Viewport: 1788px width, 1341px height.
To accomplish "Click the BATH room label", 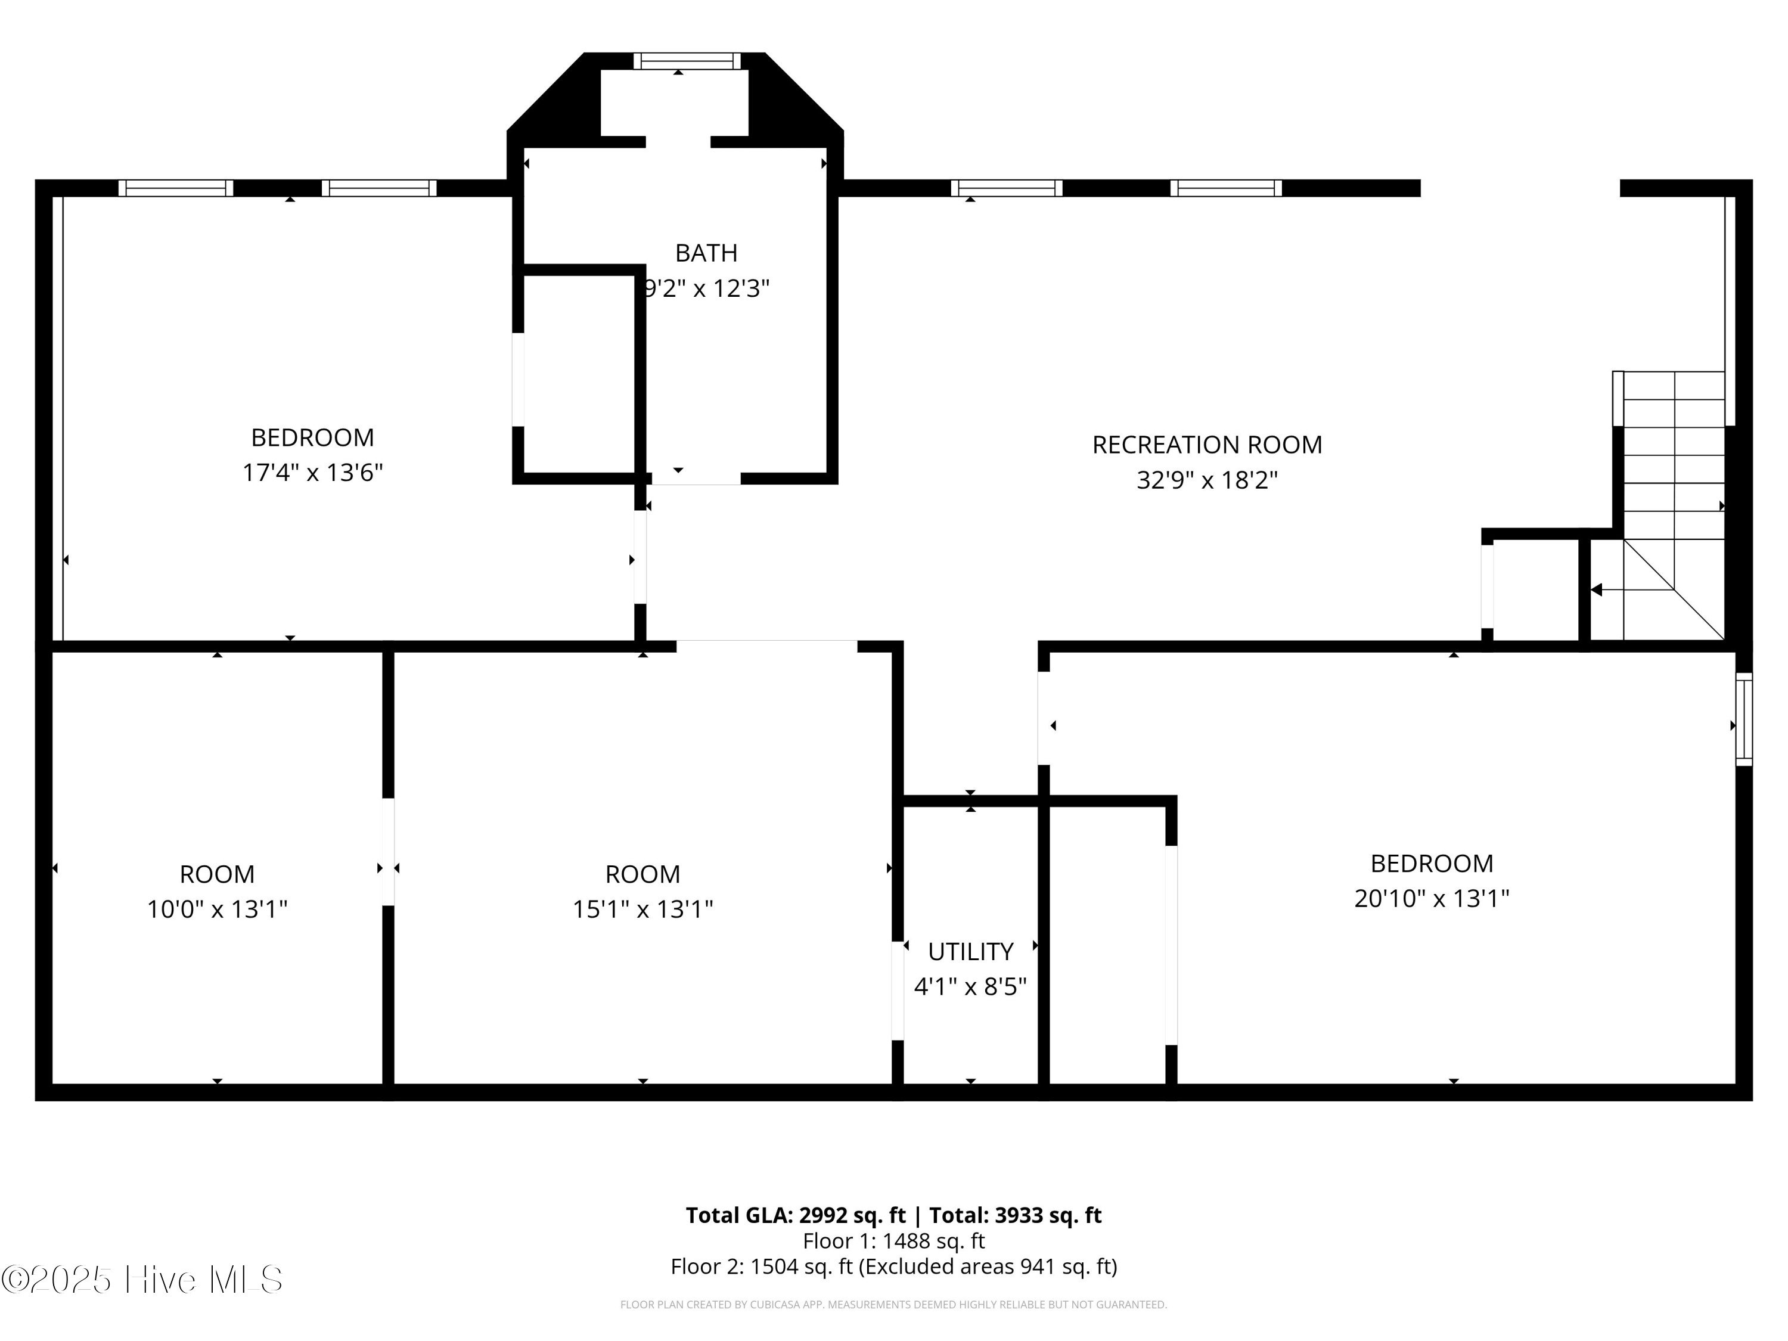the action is click(706, 253).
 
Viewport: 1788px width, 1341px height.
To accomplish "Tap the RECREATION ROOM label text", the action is click(1207, 445).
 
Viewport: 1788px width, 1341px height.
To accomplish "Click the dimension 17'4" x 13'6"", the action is click(312, 472).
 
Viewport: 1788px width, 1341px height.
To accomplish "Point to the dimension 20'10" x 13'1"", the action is click(1432, 898).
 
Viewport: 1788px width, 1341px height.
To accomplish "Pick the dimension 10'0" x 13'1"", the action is click(216, 909).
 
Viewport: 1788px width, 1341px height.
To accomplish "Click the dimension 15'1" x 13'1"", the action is click(642, 909).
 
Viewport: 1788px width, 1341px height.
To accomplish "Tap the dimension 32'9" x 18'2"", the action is click(1207, 480).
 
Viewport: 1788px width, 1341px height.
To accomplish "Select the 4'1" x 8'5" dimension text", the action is click(970, 987).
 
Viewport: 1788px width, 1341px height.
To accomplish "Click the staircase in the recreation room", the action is click(1672, 505).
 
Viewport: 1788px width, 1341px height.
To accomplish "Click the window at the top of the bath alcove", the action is click(686, 61).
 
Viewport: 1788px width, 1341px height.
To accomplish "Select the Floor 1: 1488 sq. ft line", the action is click(893, 1241).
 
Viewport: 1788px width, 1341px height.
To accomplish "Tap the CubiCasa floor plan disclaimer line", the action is click(893, 1305).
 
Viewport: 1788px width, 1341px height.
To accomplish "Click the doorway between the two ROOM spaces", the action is click(388, 852).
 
